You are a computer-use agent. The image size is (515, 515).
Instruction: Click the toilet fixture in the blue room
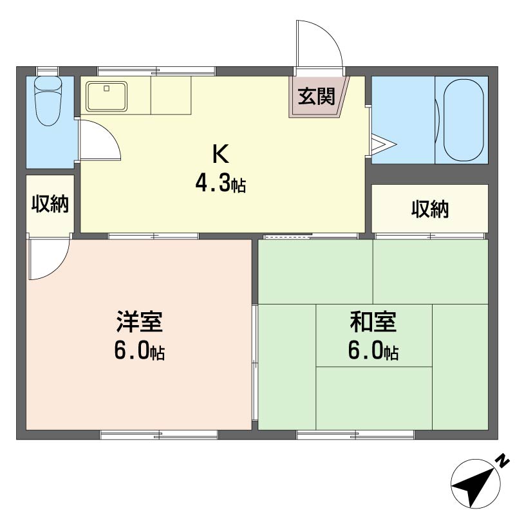[47, 100]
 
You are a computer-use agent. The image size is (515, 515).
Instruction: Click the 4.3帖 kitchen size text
[220, 185]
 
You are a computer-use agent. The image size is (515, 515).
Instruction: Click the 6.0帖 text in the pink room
[139, 351]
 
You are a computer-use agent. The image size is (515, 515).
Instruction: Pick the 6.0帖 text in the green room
[373, 351]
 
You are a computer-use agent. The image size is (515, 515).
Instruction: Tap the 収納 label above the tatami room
[430, 209]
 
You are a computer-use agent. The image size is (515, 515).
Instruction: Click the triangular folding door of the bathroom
[380, 143]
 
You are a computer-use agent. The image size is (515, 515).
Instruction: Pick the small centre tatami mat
[373, 335]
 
